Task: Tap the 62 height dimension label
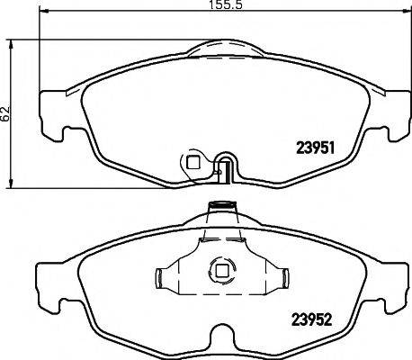(6, 113)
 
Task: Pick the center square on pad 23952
(219, 269)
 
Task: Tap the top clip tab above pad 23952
(219, 209)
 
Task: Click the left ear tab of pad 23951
(52, 118)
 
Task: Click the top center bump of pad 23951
(219, 45)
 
